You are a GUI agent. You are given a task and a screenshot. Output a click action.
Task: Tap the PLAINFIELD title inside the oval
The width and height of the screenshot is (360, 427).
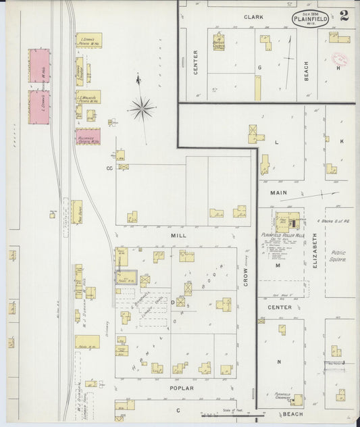coord(311,19)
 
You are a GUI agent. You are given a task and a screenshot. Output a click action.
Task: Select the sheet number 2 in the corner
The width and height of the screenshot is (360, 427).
coord(344,16)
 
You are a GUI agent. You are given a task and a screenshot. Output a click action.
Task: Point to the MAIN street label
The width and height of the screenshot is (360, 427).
coord(279,193)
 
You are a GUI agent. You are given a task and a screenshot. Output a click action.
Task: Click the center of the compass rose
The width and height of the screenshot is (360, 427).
coord(142,107)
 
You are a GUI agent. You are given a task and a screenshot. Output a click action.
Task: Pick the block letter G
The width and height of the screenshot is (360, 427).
coord(259,68)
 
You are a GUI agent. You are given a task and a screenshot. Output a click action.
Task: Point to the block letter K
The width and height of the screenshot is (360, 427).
coord(342,141)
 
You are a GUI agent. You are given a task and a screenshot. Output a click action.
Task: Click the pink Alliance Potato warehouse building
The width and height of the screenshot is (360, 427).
coord(88,137)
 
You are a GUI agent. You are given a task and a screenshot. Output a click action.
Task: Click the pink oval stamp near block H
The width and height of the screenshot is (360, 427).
coord(340,59)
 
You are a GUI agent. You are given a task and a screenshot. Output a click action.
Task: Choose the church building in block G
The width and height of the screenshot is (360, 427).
coord(220,42)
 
